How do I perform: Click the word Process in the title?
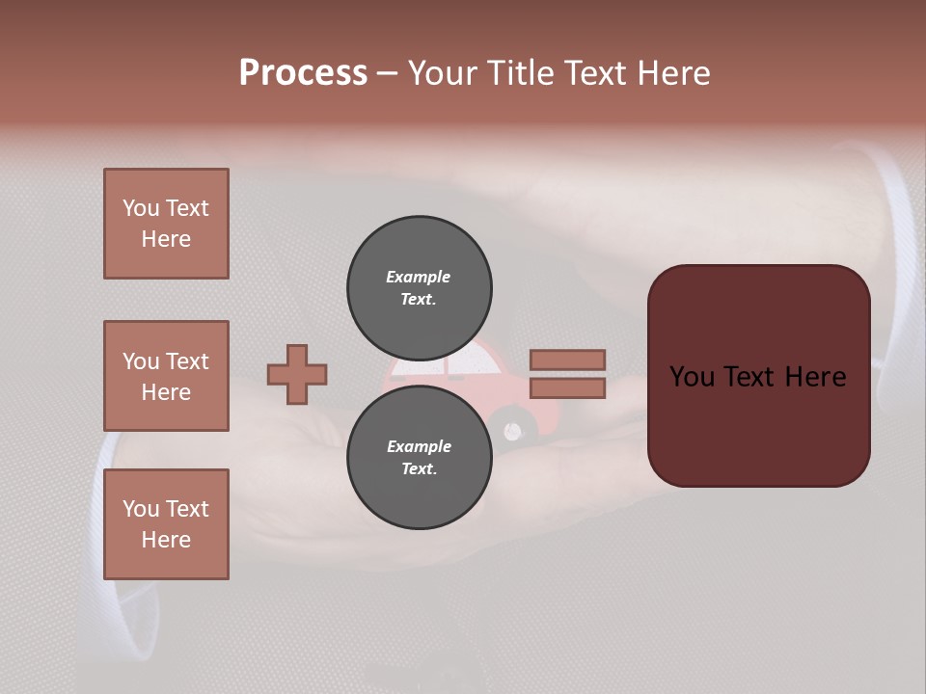coord(303,73)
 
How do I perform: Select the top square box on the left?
coord(166,224)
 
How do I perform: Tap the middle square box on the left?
coord(166,376)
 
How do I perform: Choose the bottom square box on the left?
coord(166,524)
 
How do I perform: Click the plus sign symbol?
coord(297,374)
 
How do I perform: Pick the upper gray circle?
coord(419,287)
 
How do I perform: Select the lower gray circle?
coord(419,457)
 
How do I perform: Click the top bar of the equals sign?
coord(567,360)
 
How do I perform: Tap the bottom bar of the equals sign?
coord(567,387)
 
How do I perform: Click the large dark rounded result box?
coord(758,375)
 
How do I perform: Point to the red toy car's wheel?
coord(517,430)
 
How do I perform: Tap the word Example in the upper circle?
coord(419,277)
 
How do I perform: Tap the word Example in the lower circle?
coord(419,446)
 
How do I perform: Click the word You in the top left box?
coord(141,208)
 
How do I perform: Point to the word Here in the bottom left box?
coord(166,540)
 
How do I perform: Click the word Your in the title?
coord(443,73)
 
